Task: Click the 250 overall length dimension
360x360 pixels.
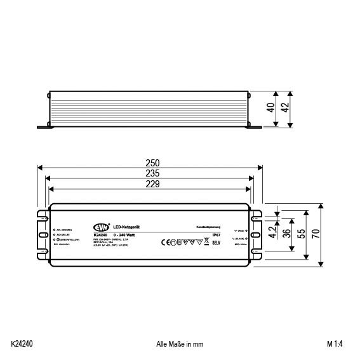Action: (151, 161)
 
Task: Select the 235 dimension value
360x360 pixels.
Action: (151, 173)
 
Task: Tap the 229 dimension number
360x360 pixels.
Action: (151, 183)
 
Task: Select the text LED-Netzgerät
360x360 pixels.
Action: (130, 227)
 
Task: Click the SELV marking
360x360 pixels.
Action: (216, 243)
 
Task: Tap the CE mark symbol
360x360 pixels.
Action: (161, 242)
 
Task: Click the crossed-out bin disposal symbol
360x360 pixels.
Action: (207, 241)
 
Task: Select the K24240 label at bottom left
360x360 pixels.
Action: (22, 344)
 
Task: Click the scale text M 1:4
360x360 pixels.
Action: (337, 344)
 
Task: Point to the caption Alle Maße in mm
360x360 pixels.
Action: (179, 344)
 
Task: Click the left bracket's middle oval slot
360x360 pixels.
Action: (43, 232)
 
